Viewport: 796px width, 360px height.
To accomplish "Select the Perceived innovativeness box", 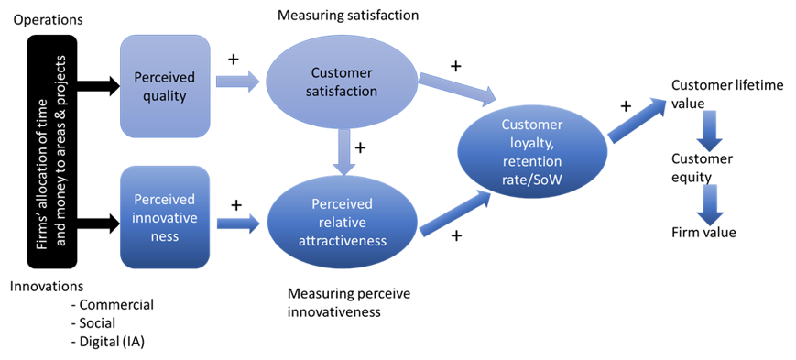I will [165, 217].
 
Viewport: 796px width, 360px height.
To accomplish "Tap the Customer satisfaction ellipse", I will [343, 82].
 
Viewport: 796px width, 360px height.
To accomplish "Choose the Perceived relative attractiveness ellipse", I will [342, 221].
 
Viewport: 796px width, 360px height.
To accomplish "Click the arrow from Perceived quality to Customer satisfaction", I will [237, 82].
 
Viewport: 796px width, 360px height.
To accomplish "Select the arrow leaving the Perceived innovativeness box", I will [237, 222].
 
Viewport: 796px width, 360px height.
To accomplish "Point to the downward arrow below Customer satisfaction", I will [344, 152].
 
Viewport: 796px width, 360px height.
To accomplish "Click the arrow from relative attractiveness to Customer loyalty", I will [453, 211].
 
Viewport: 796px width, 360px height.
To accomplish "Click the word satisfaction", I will [343, 91].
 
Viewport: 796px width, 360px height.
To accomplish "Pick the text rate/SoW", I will [533, 176].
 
